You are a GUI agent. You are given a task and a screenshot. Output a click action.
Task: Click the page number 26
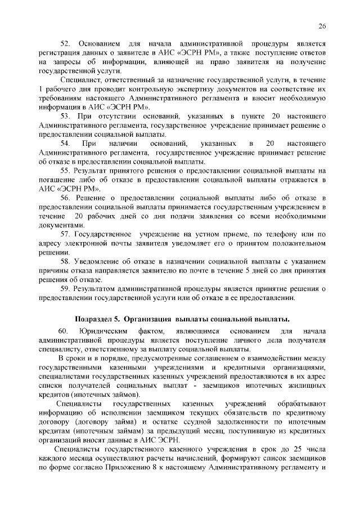pos(322,26)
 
